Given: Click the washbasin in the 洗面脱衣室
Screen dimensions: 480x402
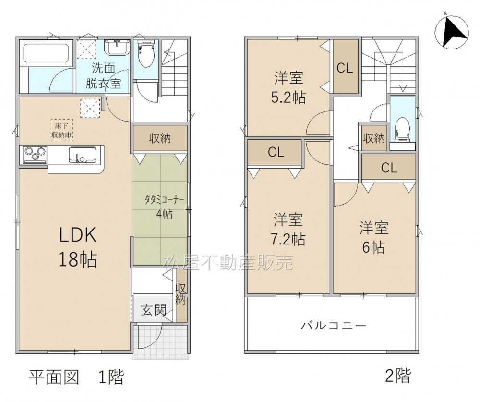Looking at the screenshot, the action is pyautogui.click(x=117, y=48).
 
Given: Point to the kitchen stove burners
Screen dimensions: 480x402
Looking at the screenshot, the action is pyautogui.click(x=34, y=154).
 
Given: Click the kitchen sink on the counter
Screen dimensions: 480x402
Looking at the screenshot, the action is pyautogui.click(x=82, y=155).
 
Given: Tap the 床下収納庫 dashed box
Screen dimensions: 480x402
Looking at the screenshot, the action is pyautogui.click(x=62, y=130).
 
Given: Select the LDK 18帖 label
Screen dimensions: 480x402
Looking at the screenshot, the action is pyautogui.click(x=78, y=247).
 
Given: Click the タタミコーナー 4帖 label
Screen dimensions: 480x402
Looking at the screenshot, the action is pyautogui.click(x=164, y=207).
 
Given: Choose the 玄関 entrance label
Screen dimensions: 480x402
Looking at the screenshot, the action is pyautogui.click(x=154, y=310).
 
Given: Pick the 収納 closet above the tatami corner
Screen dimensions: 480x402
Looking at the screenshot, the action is pyautogui.click(x=160, y=138).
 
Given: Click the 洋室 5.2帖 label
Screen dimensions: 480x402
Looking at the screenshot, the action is pyautogui.click(x=288, y=87).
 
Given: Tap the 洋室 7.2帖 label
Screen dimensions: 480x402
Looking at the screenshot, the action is pyautogui.click(x=288, y=229).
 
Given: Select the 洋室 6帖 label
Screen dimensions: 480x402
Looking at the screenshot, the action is pyautogui.click(x=374, y=237).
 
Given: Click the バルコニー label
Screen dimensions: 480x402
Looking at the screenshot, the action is pyautogui.click(x=333, y=325).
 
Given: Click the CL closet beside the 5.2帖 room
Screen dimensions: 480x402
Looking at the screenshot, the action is pyautogui.click(x=345, y=66).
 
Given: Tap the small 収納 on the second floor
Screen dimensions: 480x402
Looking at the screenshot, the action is pyautogui.click(x=374, y=138).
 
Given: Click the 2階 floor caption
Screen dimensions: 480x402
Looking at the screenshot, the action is pyautogui.click(x=398, y=376).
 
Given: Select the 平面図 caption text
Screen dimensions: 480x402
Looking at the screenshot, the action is pyautogui.click(x=54, y=377).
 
